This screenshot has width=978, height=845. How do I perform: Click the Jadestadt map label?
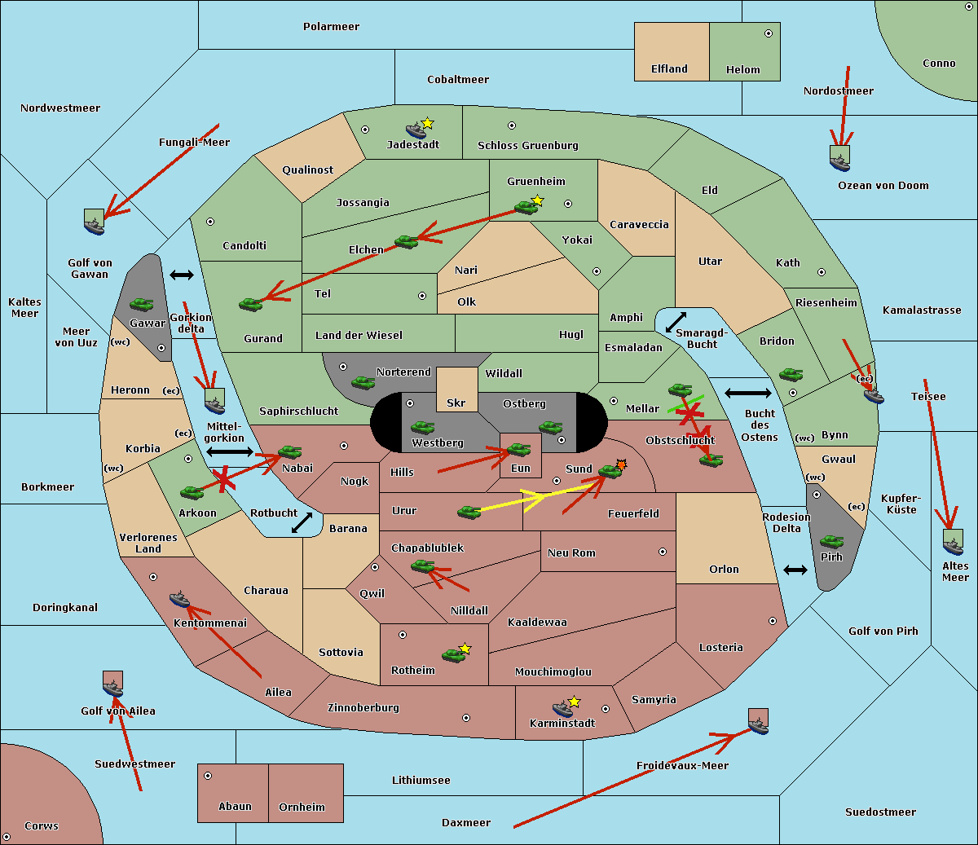click(412, 145)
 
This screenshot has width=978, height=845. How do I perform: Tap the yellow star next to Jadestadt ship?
click(427, 123)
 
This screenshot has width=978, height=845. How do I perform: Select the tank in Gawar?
click(141, 304)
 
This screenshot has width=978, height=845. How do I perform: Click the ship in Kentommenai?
click(179, 600)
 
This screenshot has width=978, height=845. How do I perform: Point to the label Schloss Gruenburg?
click(527, 146)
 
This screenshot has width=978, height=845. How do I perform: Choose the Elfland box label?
click(669, 69)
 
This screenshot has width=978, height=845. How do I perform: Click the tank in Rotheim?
click(454, 654)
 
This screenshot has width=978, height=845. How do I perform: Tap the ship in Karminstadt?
click(562, 708)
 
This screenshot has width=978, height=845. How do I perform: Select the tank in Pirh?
click(831, 541)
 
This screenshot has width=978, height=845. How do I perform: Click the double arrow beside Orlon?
click(795, 570)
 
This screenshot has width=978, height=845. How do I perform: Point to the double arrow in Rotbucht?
click(302, 523)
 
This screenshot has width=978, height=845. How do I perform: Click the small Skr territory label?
click(456, 403)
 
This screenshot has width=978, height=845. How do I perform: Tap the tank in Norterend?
click(363, 382)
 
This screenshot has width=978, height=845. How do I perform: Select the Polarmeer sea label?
click(331, 27)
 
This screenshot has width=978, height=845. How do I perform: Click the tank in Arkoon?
click(192, 492)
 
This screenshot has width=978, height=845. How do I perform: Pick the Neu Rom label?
click(571, 553)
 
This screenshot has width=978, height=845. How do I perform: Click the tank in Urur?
click(469, 512)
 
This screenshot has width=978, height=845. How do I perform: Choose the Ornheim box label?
click(302, 808)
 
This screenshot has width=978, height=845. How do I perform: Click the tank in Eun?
click(518, 449)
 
